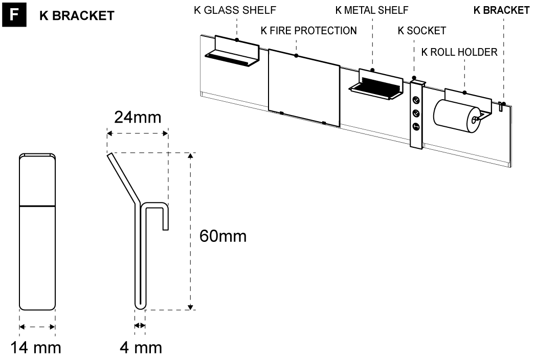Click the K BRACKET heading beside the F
pyautogui.click(x=77, y=16)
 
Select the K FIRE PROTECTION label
pyautogui.click(x=308, y=31)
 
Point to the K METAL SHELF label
pyautogui.click(x=372, y=10)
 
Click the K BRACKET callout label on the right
pyautogui.click(x=501, y=10)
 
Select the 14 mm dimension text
pyautogui.click(x=37, y=348)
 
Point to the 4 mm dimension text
pyautogui.click(x=141, y=348)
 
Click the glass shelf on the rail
pyautogui.click(x=233, y=54)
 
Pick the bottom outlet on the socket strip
pyautogui.click(x=416, y=126)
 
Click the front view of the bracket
pyautogui.click(x=37, y=232)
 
